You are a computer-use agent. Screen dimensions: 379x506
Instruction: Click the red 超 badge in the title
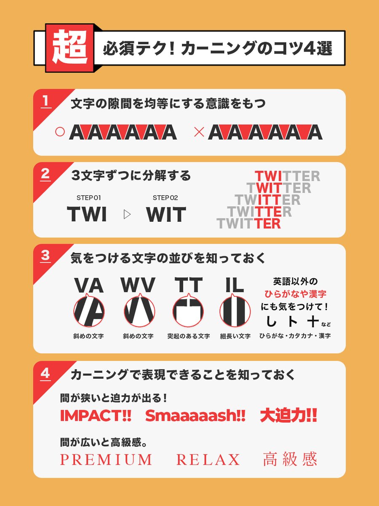point(69,48)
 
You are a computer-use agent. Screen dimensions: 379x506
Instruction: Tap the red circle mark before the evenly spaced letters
point(60,132)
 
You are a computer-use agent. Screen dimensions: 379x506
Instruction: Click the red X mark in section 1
point(199,132)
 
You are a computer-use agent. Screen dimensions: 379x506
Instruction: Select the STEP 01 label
point(88,198)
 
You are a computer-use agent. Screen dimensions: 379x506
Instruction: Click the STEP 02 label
point(165,198)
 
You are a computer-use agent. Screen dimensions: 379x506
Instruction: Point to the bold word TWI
point(87,214)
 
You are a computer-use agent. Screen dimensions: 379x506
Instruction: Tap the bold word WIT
point(166,214)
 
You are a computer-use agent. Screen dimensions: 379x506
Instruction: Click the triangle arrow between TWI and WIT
point(127,214)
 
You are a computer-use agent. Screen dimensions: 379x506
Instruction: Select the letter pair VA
point(89,285)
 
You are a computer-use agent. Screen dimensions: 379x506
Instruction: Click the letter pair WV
point(138,285)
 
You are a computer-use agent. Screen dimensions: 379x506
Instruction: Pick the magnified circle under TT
point(188,312)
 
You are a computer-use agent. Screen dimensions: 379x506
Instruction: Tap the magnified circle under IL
point(235,312)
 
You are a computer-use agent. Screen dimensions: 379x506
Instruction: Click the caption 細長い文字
point(235,336)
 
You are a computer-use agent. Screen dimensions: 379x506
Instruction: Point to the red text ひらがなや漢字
point(295,294)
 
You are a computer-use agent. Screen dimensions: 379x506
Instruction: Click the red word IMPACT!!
point(96,416)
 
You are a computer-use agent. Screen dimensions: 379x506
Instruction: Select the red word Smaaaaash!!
point(195,416)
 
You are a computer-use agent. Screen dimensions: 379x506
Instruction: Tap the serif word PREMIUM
point(106,459)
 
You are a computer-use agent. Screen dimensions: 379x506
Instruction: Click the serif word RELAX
point(208,459)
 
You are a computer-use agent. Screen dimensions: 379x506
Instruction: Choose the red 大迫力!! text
point(288,416)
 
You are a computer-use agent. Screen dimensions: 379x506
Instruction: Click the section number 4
point(45,373)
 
